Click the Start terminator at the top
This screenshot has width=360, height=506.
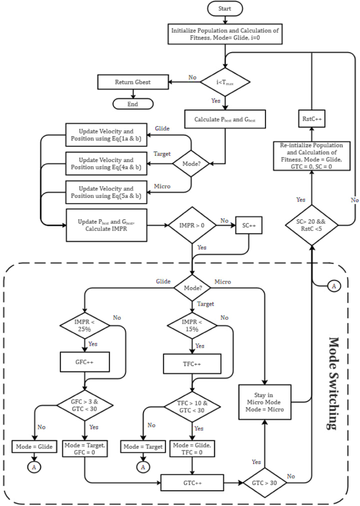pyautogui.click(x=225, y=9)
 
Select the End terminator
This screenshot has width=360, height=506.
pyautogui.click(x=133, y=104)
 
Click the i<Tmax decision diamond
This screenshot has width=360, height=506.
pyautogui.click(x=225, y=82)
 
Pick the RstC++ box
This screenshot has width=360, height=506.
pyautogui.click(x=312, y=118)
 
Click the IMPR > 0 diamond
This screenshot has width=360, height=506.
pyautogui.click(x=193, y=226)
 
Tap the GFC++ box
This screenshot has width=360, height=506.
pyautogui.click(x=85, y=362)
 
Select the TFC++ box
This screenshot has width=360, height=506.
pyautogui.click(x=192, y=362)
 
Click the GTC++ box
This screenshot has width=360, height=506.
pyautogui.click(x=192, y=481)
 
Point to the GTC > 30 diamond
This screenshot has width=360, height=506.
pyautogui.click(x=264, y=481)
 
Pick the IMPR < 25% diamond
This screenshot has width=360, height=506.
pyautogui.click(x=85, y=325)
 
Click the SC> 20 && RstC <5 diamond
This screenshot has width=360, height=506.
pyautogui.click(x=312, y=226)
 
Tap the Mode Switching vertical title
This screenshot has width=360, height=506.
pyautogui.click(x=333, y=384)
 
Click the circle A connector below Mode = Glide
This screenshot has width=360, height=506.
pyautogui.click(x=34, y=467)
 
